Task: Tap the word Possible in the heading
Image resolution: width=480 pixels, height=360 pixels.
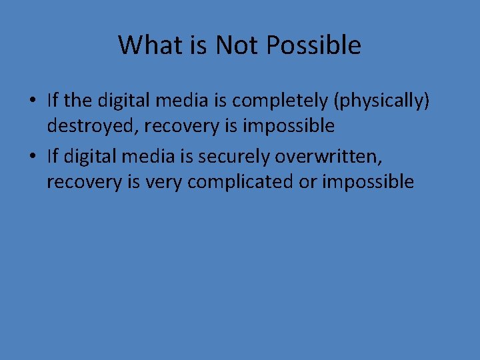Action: pos(313,45)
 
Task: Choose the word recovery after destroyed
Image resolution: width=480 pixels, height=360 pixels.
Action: pos(165,125)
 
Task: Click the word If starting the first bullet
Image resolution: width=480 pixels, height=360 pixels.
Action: pos(53,101)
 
